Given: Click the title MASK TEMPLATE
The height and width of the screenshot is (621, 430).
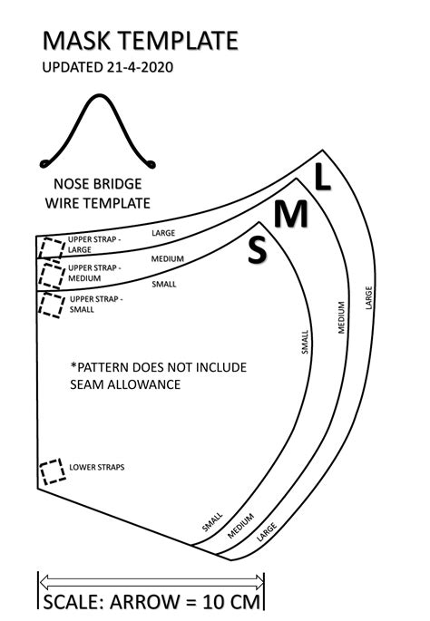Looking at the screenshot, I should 141,40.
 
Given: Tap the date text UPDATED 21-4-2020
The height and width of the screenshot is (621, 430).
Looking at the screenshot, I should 108,67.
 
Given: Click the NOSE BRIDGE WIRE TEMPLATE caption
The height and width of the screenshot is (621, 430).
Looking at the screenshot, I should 98,192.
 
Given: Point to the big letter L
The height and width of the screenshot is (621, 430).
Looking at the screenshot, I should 322,179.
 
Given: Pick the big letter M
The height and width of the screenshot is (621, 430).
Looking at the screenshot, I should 291,214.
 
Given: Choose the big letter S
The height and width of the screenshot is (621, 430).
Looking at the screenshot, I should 258,250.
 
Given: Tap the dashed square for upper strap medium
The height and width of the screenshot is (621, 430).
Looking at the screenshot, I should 52,274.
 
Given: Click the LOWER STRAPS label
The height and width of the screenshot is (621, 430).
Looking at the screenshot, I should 97,468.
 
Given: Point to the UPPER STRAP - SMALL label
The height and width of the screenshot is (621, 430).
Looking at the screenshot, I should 96,303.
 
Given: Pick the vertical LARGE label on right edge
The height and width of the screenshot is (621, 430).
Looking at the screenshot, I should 369,297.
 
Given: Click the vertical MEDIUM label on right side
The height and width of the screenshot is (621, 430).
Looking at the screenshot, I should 342,316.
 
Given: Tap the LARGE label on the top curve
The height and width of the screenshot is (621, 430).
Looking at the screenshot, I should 163,233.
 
